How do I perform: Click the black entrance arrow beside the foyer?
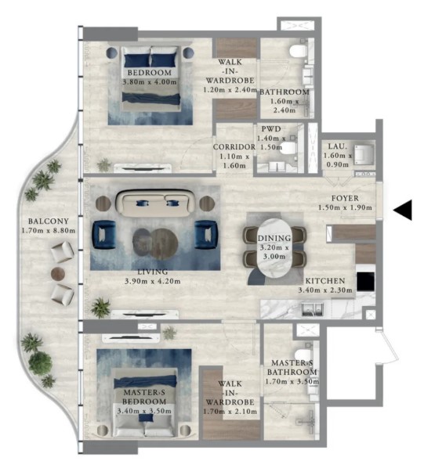(404, 210)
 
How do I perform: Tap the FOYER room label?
(345, 198)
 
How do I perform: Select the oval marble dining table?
(274, 248)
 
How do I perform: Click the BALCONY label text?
(49, 221)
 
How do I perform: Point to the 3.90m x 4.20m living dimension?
(152, 281)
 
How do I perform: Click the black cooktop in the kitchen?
(366, 282)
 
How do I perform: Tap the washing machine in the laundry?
(364, 155)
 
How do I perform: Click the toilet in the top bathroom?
(298, 51)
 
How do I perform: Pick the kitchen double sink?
(312, 309)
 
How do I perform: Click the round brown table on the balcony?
(58, 273)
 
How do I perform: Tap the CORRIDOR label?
(234, 147)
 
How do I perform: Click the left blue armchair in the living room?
(103, 235)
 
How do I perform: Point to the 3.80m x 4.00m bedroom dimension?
(150, 81)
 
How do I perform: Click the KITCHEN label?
(325, 281)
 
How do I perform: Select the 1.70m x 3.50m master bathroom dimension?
(292, 381)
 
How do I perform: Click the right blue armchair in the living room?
(206, 235)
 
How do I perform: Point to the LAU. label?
(338, 146)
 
